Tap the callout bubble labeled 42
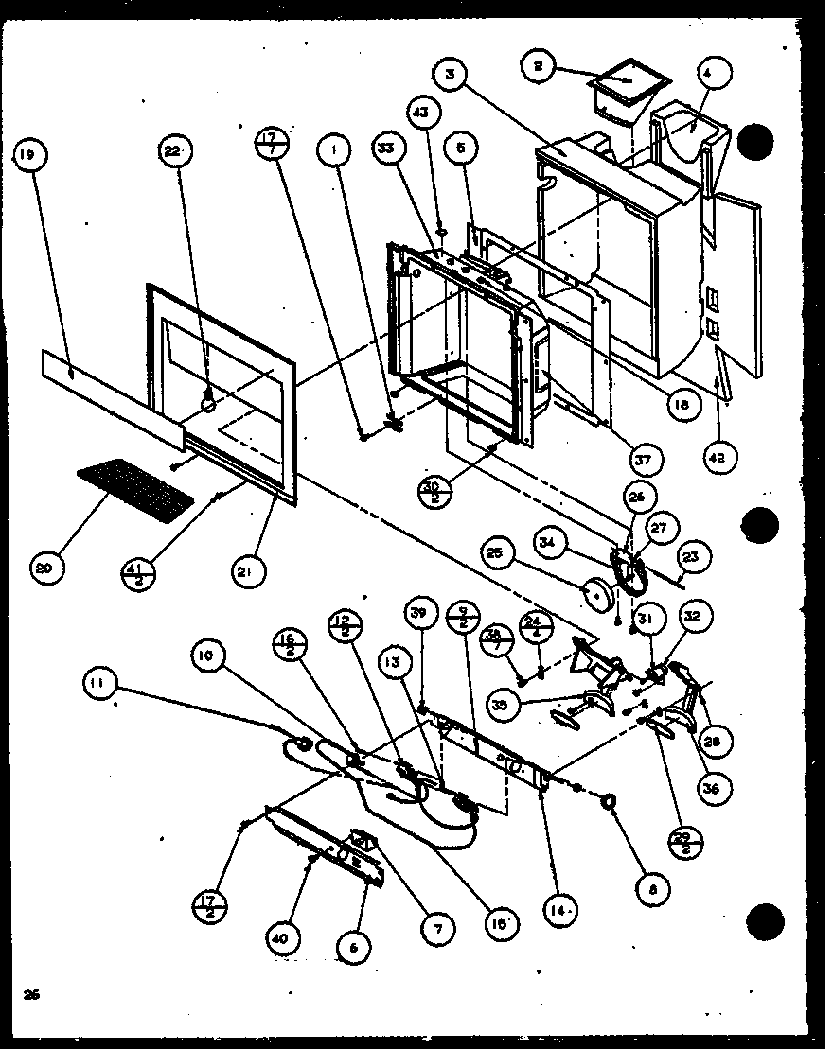720,458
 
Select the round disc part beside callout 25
597,592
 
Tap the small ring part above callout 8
611,803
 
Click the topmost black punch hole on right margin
757,142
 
